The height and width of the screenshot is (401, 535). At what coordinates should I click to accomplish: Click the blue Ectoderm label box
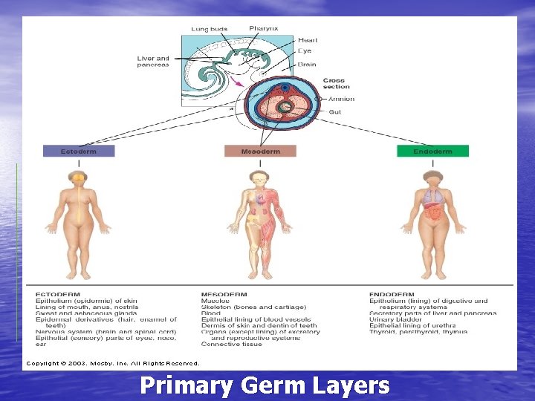point(80,151)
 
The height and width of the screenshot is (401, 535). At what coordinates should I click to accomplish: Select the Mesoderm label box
point(260,151)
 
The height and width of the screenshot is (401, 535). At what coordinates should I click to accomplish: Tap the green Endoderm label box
point(433,151)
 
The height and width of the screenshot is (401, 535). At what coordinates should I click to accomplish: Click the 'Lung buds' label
point(210,29)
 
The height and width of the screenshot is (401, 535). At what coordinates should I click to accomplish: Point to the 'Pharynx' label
point(264,28)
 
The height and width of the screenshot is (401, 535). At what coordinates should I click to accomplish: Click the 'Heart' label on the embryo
point(308,40)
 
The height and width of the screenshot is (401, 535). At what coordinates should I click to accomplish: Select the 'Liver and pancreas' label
point(153,62)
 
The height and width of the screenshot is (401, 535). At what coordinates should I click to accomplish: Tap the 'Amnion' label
point(341,99)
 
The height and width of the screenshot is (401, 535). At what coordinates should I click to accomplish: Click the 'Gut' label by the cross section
point(335,111)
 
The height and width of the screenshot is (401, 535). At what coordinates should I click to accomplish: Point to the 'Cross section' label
point(336,83)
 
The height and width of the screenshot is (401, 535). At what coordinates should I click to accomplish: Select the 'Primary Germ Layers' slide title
point(265,386)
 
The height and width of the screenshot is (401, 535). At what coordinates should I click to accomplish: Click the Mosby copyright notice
point(113,363)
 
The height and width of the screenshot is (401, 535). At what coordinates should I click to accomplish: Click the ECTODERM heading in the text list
point(57,295)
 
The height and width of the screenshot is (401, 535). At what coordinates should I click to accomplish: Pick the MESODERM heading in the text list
point(224,295)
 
